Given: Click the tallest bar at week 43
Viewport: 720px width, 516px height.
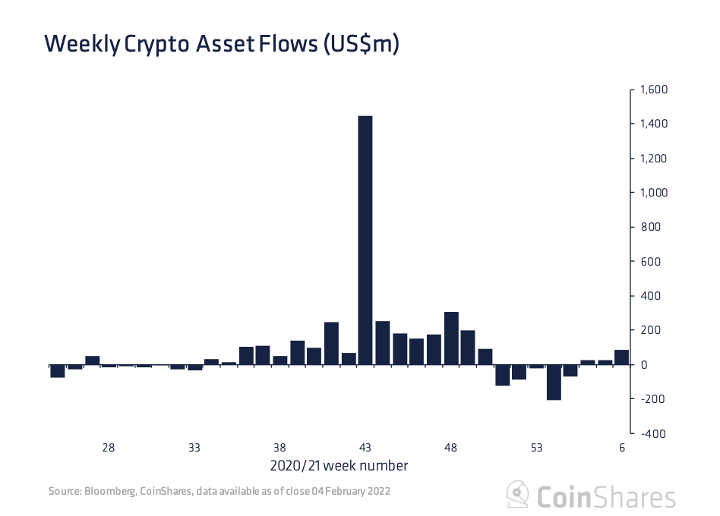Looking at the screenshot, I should [365, 240].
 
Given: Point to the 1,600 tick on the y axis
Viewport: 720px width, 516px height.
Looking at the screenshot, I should [653, 90].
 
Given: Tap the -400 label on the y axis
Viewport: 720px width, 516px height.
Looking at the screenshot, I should [653, 433].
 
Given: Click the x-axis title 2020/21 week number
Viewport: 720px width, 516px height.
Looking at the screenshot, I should [339, 465].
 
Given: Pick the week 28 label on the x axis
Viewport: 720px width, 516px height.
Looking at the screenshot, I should [109, 448].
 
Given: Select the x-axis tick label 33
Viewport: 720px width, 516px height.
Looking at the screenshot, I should [194, 448].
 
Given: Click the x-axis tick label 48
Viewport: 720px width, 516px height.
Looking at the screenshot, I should [450, 448].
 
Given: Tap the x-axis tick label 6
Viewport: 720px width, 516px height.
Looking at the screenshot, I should [622, 448].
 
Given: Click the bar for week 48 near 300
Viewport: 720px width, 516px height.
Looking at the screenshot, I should [451, 338].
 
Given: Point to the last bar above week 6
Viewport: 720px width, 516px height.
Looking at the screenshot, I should [622, 357].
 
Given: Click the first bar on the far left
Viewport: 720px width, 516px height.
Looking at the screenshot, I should [58, 370].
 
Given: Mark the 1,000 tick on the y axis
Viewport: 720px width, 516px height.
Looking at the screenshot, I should [653, 193].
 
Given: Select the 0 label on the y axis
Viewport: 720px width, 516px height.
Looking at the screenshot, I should [643, 364].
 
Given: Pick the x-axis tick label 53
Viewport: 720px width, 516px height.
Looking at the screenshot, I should [536, 448].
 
